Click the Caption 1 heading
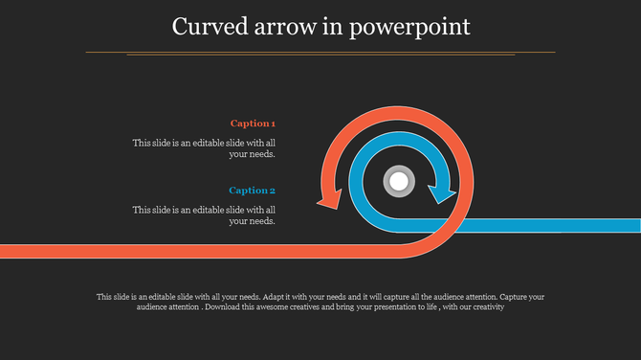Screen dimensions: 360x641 pos(253,124)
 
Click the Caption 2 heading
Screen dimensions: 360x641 pos(252,191)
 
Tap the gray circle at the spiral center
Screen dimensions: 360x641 pos(398,179)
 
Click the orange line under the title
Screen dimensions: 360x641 pos(320,51)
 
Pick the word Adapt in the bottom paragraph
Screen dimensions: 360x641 pos(273,297)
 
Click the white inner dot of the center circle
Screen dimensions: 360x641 pos(398,179)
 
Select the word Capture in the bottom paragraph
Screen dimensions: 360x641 pos(515,297)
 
